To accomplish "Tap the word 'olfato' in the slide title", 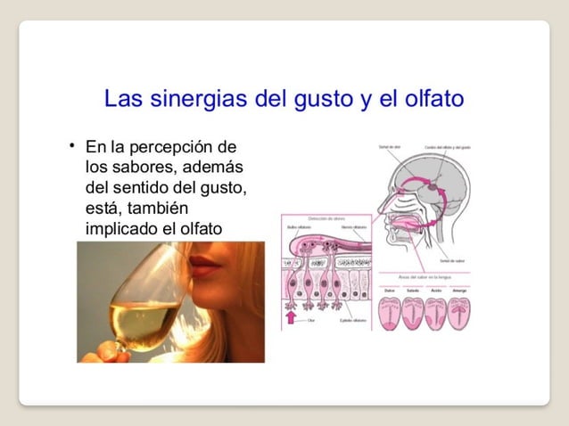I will (x=433, y=98).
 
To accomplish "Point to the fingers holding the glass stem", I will (x=95, y=352).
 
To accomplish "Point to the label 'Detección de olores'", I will (x=326, y=218).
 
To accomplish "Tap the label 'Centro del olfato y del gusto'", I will (x=448, y=147).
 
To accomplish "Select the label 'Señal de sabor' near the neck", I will (x=450, y=260).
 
